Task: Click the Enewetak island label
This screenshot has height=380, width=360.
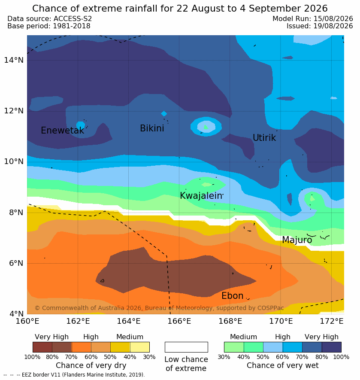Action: pyautogui.click(x=63, y=131)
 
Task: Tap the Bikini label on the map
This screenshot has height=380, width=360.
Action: pyautogui.click(x=152, y=128)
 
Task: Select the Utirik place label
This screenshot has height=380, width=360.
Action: pyautogui.click(x=264, y=138)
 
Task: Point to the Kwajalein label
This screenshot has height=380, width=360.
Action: pyautogui.click(x=201, y=195)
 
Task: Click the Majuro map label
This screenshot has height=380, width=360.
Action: pyautogui.click(x=297, y=240)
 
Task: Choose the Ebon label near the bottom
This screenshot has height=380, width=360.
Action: pyautogui.click(x=233, y=296)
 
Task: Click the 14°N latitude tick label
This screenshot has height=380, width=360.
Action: pyautogui.click(x=14, y=60)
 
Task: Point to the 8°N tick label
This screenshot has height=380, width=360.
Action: pyautogui.click(x=16, y=213)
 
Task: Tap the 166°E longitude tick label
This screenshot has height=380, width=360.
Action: pyautogui.click(x=179, y=321)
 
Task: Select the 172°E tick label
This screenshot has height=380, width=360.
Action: pyautogui.click(x=332, y=321)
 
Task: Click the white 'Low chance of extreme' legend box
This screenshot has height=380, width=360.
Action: pyautogui.click(x=186, y=347)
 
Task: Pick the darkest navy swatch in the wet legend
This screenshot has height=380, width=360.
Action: pyautogui.click(x=332, y=347)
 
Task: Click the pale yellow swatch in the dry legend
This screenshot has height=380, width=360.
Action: pyautogui.click(x=140, y=347)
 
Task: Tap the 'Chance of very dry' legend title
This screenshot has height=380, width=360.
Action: pyautogui.click(x=91, y=365)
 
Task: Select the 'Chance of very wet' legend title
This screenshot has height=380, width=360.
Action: pyautogui.click(x=282, y=365)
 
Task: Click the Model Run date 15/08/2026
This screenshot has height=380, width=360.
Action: pyautogui.click(x=333, y=18)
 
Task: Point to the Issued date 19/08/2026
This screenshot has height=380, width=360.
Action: pyautogui.click(x=333, y=26)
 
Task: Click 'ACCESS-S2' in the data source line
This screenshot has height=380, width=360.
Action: pyautogui.click(x=73, y=18)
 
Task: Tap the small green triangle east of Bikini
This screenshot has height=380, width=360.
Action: pyautogui.click(x=206, y=127)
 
